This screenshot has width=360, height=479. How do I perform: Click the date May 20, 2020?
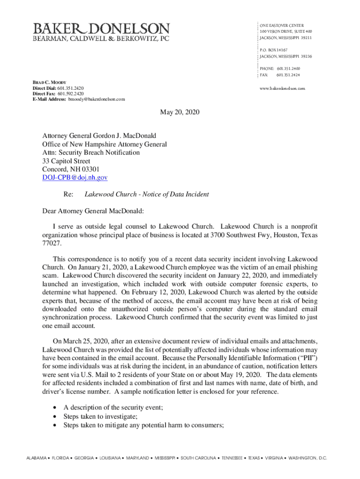[180, 112]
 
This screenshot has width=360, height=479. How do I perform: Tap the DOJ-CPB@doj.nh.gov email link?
[75, 178]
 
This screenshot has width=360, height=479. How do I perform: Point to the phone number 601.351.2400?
[288, 68]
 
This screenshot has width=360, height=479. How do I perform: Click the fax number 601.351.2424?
[288, 75]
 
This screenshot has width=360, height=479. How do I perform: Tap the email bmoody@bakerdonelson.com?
[97, 99]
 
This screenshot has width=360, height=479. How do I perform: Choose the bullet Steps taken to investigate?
[101, 416]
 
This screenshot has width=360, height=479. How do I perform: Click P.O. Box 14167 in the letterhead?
[274, 50]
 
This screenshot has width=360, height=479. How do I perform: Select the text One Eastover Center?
[282, 25]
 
